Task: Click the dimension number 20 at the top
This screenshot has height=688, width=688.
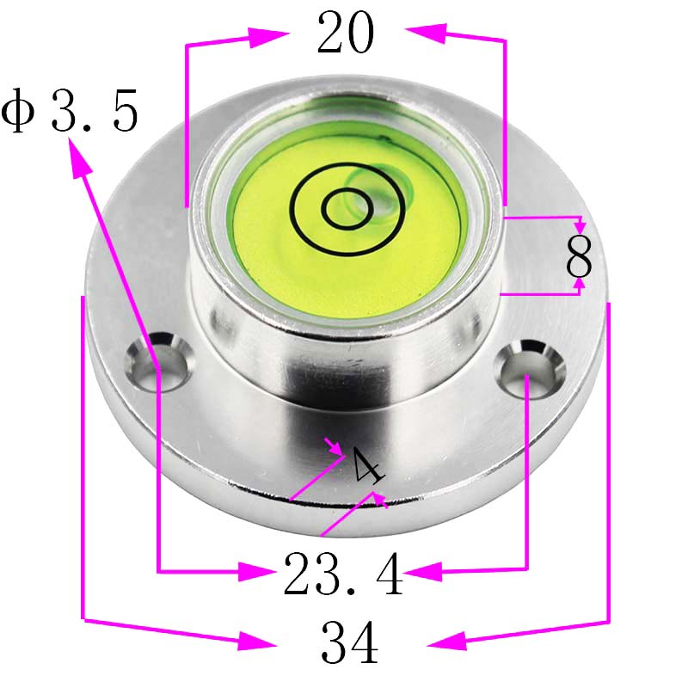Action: click(346, 34)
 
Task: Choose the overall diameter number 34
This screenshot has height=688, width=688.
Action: click(349, 642)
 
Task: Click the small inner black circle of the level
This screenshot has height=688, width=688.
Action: click(347, 207)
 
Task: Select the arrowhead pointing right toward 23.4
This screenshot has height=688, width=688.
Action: click(259, 570)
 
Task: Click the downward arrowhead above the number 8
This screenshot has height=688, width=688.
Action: click(580, 224)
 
